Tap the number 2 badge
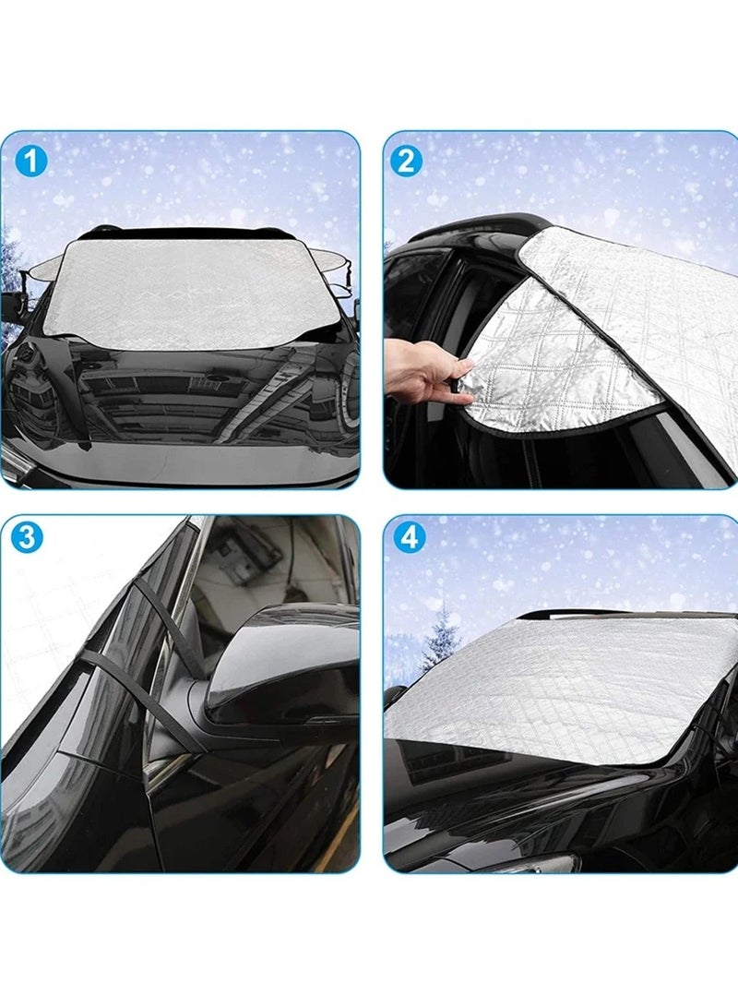(407, 162)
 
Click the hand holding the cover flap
(420, 369)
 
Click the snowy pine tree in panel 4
(441, 637)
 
